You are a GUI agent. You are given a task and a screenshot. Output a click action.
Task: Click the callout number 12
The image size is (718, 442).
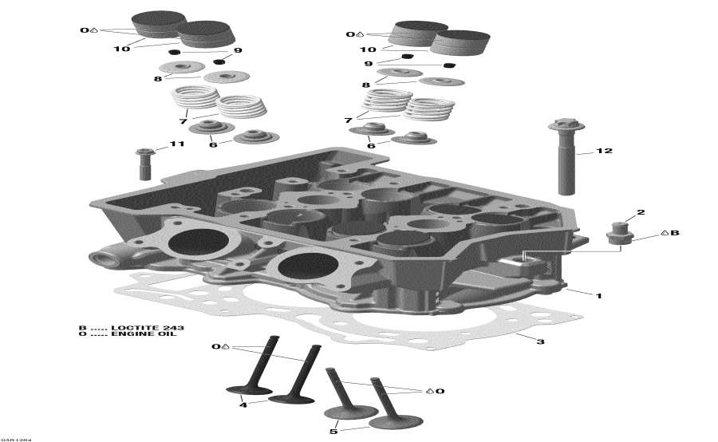point(604,151)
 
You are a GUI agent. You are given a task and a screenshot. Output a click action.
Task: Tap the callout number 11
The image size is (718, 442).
point(176,144)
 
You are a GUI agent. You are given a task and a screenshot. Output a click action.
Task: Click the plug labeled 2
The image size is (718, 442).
point(616,234)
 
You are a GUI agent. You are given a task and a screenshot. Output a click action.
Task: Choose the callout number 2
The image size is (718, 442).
point(640,212)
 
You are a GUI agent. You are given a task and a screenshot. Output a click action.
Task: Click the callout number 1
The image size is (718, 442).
point(598,294)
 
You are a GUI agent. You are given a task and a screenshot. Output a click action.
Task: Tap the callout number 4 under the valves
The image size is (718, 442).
point(243,405)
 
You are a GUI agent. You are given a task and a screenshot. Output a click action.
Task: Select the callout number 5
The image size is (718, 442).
point(333,432)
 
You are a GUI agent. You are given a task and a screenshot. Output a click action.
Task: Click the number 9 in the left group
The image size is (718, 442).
point(237,53)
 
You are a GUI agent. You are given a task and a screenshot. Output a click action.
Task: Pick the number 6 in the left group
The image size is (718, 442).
point(213,144)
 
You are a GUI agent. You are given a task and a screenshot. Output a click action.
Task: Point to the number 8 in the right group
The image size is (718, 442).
point(365,85)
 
